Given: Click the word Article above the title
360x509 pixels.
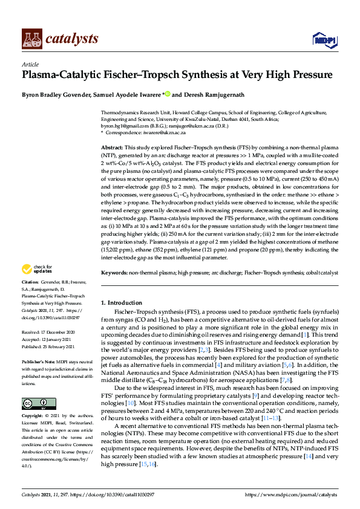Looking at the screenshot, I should click(30, 64).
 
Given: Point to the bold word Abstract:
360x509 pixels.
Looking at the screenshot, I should click(112, 147).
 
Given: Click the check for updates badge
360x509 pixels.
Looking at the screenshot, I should click(37, 269).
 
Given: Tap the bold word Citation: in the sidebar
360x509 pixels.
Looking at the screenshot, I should click(31, 282).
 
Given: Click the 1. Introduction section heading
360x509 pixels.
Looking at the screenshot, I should click(121, 302).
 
